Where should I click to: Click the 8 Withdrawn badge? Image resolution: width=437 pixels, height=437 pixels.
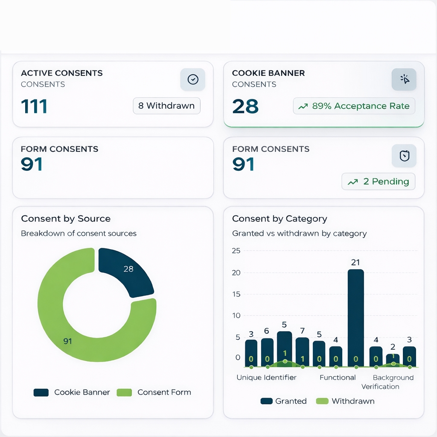(x=166, y=106)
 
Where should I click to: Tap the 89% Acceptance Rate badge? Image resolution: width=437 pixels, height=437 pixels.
(x=354, y=106)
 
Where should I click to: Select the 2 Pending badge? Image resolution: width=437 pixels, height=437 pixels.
(x=378, y=181)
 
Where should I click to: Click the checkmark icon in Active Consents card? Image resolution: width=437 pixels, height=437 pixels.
(x=193, y=79)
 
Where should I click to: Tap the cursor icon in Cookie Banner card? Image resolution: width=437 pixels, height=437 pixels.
(x=404, y=79)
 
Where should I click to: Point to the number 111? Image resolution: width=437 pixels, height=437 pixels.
(x=34, y=106)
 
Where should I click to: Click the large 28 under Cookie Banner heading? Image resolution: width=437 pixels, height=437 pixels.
(x=245, y=106)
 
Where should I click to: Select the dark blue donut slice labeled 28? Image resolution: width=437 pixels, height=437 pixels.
(x=127, y=272)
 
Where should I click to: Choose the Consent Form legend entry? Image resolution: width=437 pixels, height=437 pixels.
(x=154, y=392)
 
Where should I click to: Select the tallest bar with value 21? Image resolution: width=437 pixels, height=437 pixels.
(x=355, y=318)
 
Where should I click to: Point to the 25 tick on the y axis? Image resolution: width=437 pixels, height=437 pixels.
(x=236, y=251)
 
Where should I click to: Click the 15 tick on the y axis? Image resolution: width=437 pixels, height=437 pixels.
(x=236, y=294)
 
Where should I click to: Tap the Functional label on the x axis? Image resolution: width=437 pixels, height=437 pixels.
(x=338, y=377)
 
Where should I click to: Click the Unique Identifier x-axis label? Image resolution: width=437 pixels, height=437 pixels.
(x=266, y=377)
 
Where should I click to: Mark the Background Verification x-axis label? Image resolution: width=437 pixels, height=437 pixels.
(x=387, y=382)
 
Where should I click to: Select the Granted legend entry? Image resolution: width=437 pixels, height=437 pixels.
(x=283, y=401)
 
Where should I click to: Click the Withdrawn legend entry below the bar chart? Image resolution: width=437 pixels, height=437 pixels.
(x=345, y=401)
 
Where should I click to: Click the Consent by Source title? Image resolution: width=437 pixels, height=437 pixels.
(x=66, y=218)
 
